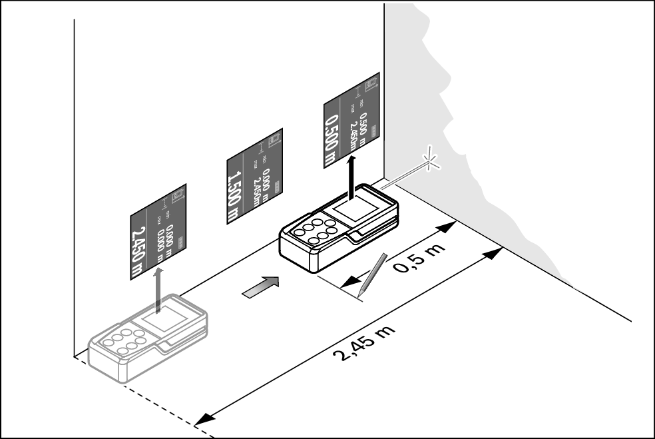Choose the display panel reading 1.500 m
(x=255, y=175)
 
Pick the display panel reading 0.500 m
(x=351, y=120)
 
